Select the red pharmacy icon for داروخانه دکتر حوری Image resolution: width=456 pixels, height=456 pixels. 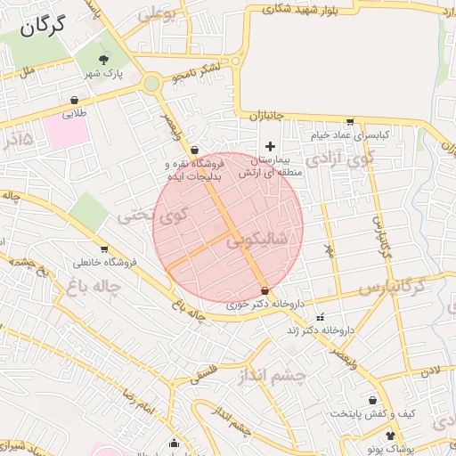(265, 291)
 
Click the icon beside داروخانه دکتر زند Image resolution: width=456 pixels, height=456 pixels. (320, 317)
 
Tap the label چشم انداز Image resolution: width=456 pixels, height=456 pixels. (272, 375)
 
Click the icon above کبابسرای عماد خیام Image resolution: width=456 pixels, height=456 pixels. (350, 122)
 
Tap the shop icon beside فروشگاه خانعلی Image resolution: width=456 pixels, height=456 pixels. (105, 249)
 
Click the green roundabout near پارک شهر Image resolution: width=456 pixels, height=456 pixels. (151, 85)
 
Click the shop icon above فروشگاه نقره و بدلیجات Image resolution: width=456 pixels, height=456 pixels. (194, 151)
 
